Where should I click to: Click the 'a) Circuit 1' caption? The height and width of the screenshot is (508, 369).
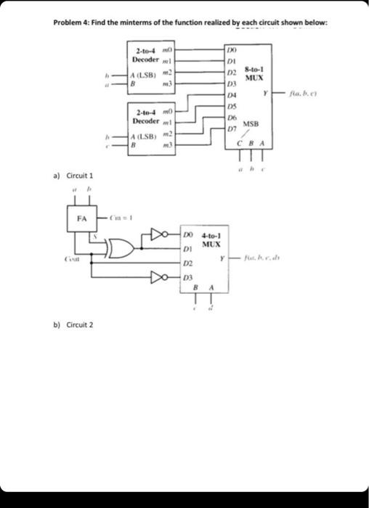point(73,176)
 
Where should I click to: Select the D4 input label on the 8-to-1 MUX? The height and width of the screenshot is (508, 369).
point(231,96)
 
